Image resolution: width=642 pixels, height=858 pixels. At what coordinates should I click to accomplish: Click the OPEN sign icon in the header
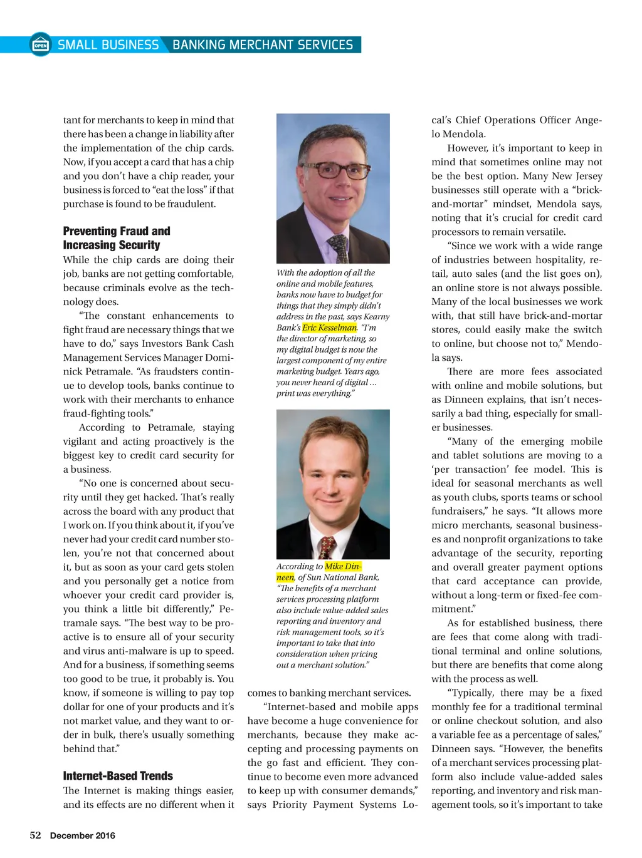click(41, 45)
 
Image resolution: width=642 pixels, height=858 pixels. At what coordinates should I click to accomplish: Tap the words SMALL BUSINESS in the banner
click(108, 45)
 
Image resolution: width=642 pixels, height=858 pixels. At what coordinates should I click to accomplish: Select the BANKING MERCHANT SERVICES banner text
click(263, 45)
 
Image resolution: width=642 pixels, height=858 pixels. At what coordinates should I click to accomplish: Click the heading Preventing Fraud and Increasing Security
click(117, 238)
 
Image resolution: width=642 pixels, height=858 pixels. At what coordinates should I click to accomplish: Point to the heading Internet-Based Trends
click(118, 776)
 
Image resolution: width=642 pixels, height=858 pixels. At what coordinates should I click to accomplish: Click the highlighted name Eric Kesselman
click(330, 328)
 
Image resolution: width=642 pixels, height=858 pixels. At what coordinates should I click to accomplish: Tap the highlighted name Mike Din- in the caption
click(343, 566)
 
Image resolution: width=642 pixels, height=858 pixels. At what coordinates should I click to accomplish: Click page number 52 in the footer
click(36, 835)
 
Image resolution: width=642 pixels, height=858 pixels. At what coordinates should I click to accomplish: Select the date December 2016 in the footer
click(82, 835)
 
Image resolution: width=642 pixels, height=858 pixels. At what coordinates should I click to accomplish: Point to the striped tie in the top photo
click(340, 247)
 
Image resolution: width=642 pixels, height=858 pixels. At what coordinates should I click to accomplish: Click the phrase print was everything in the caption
click(315, 393)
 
